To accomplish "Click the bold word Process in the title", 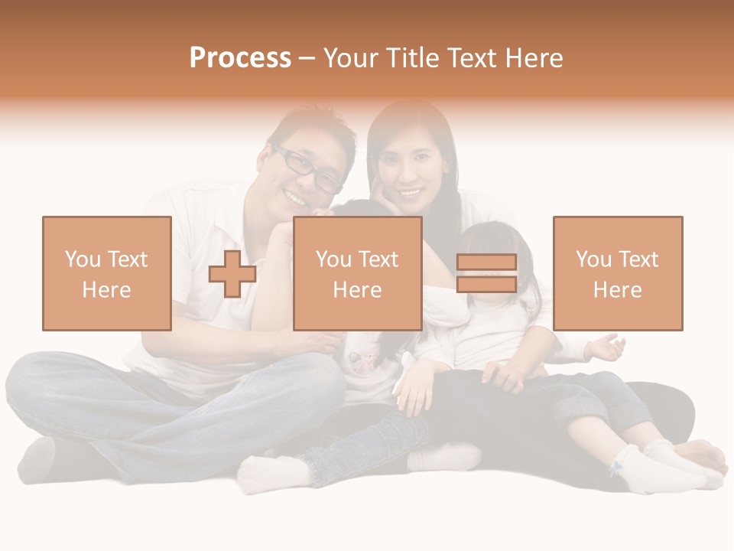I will (240, 57).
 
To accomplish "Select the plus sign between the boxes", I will (232, 273).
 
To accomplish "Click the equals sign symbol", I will (486, 273).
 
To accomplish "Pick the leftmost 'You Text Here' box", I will (107, 273).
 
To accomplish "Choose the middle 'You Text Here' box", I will (358, 273).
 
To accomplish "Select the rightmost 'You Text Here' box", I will (618, 273).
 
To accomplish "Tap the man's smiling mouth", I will (294, 197).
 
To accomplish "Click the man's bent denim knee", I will (46, 383).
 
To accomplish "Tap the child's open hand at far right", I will (608, 348).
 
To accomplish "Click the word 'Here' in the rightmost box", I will (618, 289).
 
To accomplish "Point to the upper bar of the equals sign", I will (486, 262).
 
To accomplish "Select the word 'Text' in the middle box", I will (378, 259).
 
